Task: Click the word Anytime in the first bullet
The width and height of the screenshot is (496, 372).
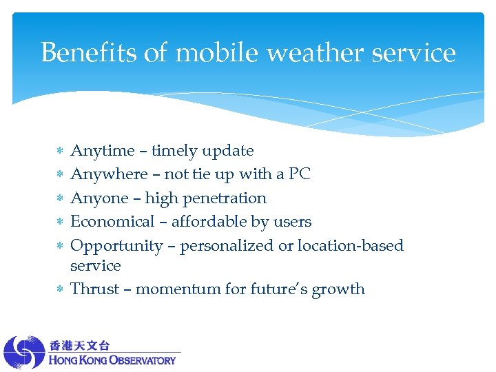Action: pos(103,151)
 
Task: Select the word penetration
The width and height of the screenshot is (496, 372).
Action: pos(225,198)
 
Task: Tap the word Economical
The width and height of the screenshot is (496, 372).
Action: pos(113,222)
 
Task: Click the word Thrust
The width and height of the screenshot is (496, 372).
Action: pos(95,289)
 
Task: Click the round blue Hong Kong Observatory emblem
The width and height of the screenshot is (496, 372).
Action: pos(24,352)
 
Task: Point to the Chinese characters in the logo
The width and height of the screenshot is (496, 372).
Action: pos(79,344)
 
